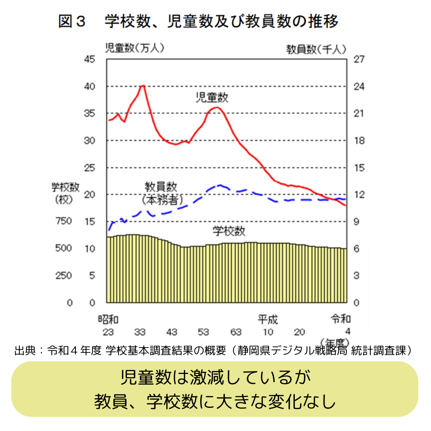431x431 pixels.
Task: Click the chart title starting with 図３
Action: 198,21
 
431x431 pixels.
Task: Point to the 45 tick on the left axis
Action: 89,59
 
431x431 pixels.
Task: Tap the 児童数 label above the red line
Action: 212,97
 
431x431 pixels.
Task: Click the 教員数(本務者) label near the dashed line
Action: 161,193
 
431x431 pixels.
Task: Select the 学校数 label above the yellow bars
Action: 229,231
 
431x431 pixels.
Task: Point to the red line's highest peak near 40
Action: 142,86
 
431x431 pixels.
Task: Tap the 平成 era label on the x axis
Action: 267,319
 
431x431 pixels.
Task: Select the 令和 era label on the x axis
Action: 340,319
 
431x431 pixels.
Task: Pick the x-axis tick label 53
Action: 204,332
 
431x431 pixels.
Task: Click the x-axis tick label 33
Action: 140,332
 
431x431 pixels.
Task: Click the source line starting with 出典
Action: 213,351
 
